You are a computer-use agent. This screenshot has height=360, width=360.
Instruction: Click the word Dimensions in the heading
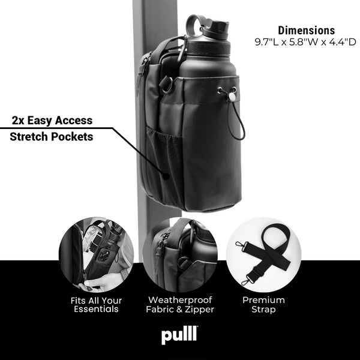coord(306,30)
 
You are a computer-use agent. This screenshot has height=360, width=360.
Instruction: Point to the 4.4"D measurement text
coord(342,42)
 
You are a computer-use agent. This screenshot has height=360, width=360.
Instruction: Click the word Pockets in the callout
coord(74,136)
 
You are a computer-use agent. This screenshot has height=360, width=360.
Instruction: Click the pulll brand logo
coord(179,336)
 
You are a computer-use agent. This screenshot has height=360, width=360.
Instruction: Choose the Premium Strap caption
coord(264,305)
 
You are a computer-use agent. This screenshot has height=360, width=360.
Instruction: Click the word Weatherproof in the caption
coord(180,299)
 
